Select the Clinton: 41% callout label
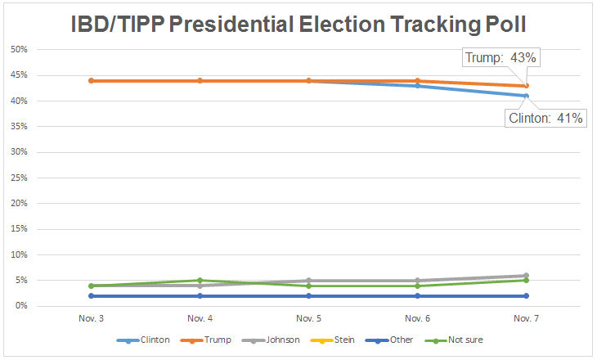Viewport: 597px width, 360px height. point(546,119)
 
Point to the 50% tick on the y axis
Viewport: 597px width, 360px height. point(19,50)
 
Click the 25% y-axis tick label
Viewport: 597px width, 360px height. point(19,178)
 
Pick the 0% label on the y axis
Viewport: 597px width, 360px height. point(21,306)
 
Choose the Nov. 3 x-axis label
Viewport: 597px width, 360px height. point(91,317)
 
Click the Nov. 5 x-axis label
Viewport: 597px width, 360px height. point(308,317)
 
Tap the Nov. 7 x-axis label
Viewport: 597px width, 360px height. point(526,317)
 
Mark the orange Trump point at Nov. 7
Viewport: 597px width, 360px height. point(526,86)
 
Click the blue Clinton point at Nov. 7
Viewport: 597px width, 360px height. point(526,96)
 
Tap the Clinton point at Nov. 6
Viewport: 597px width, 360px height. point(417,85)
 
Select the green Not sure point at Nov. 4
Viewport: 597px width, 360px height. point(200,281)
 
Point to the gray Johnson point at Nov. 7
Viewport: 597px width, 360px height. point(526,276)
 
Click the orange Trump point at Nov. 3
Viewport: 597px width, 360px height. point(91,80)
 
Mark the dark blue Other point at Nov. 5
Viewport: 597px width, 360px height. point(308,295)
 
